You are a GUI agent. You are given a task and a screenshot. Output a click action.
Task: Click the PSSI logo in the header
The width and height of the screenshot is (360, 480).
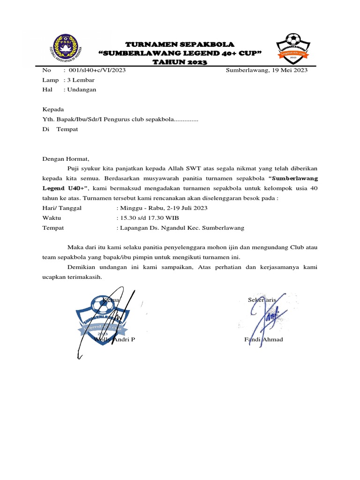click(x=67, y=48)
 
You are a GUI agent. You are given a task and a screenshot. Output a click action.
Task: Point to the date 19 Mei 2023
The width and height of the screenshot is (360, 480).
click(x=288, y=70)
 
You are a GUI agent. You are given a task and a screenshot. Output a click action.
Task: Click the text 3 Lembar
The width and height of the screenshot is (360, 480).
click(x=82, y=80)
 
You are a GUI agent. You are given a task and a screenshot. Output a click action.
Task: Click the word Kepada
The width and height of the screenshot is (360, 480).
click(x=53, y=109)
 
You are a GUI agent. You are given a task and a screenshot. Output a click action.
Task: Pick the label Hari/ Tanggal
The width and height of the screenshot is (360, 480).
click(x=62, y=208)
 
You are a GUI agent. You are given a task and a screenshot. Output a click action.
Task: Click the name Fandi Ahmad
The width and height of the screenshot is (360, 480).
click(x=263, y=339)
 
